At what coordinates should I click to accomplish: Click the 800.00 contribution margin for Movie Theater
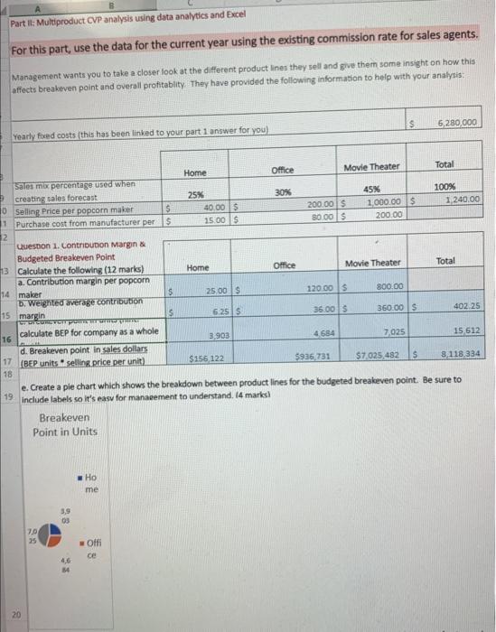[x=387, y=287]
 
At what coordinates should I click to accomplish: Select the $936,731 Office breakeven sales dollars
[x=316, y=358]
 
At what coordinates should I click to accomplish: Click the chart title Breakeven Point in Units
[x=64, y=424]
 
